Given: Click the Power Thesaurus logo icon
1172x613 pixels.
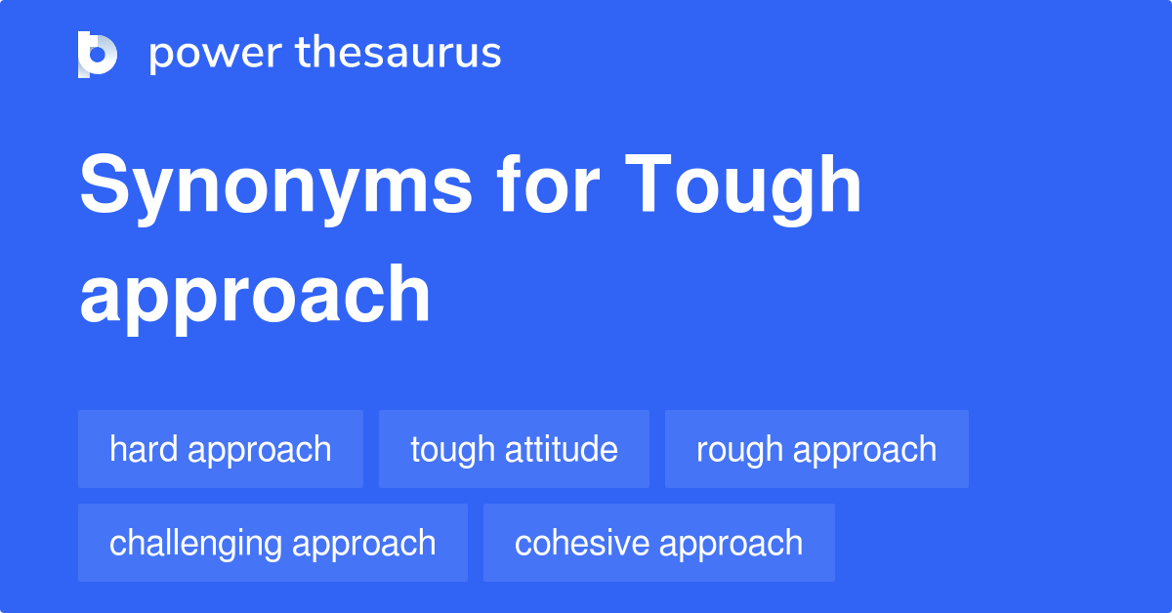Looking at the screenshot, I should pos(98,54).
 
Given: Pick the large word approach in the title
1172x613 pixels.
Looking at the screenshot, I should pos(255,296).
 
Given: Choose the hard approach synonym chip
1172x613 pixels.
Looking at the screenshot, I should pos(221,449).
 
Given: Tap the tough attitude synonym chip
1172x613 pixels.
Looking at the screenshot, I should pos(514,449).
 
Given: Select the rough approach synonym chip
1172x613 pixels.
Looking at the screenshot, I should pos(816,449).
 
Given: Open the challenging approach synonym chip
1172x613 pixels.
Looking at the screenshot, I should pos(272,543).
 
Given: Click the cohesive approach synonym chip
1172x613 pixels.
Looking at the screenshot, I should pos(659,543).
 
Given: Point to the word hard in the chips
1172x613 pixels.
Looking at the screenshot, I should pos(145,449).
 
